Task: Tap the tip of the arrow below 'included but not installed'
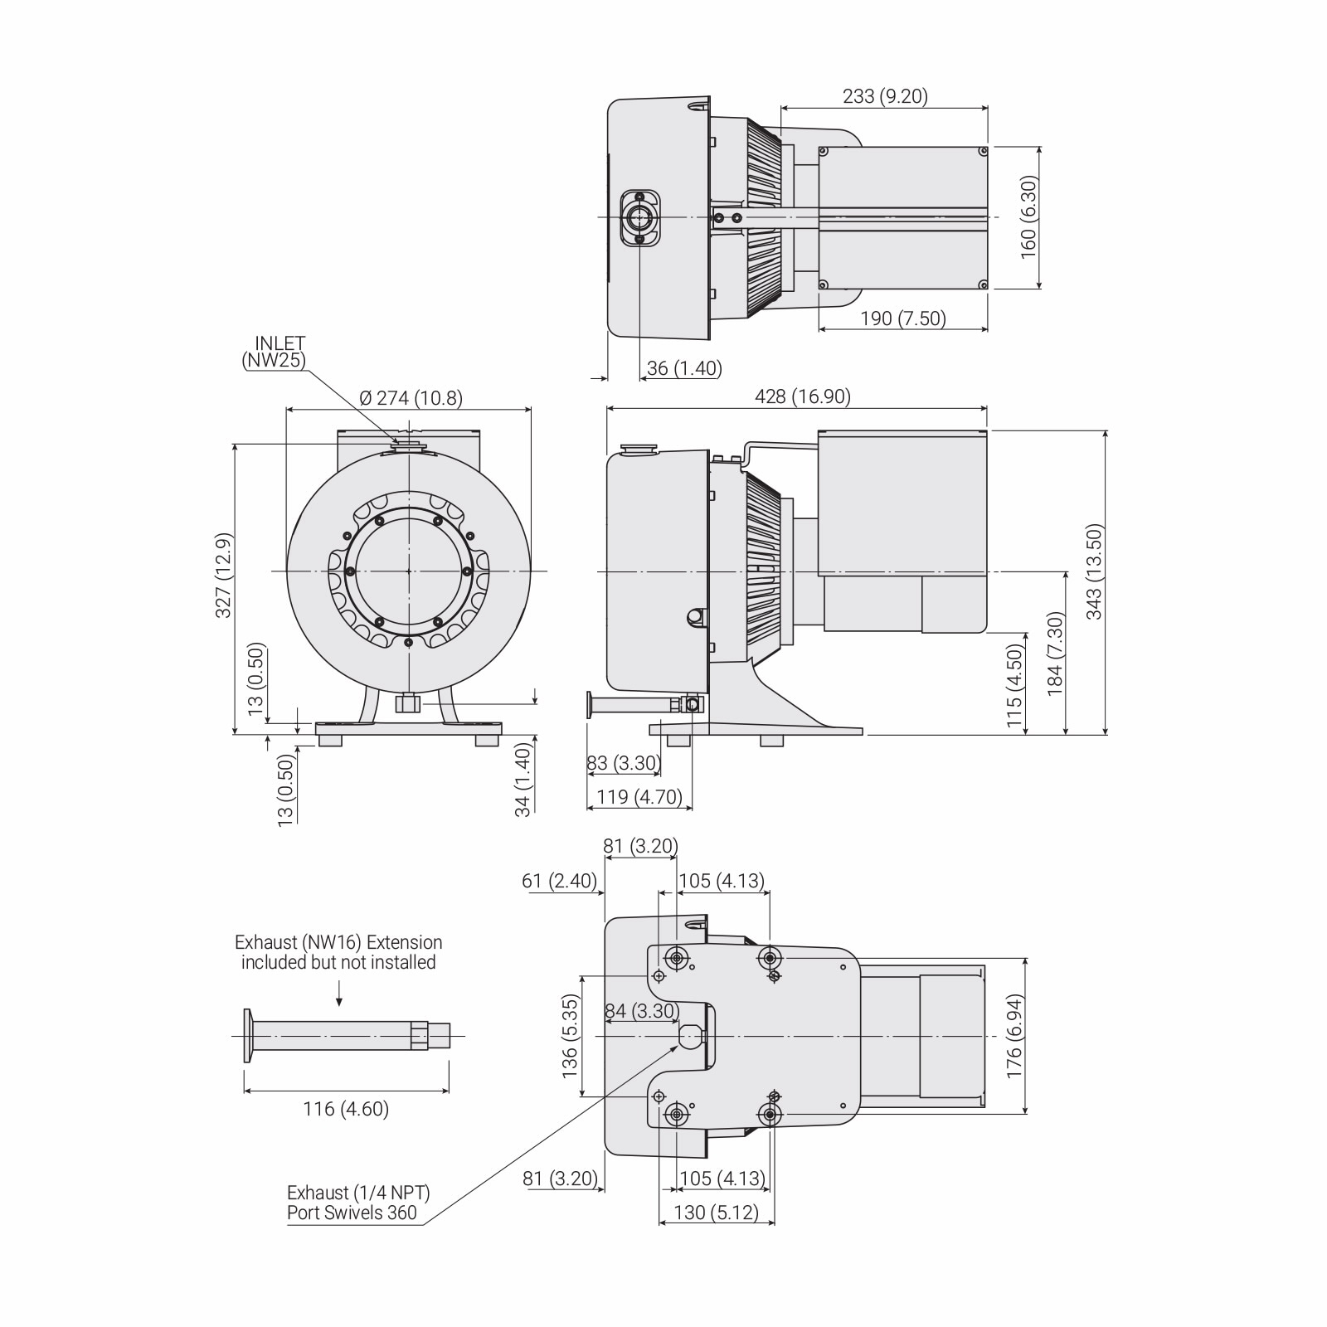pos(340,1008)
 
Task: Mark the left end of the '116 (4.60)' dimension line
pos(244,1091)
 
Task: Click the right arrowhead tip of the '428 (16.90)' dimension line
pos(988,408)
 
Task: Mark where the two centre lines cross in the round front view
pos(409,571)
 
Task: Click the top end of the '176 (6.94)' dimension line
pos(1027,959)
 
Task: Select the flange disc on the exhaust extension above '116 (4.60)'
pos(248,1035)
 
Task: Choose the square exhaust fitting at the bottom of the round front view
pos(407,703)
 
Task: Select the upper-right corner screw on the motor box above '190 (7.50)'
pos(983,151)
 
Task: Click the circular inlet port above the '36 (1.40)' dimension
pos(639,217)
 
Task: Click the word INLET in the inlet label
pos(280,343)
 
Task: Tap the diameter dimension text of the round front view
pos(411,398)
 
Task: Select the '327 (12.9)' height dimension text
pos(223,575)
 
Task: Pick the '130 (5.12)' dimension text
pos(717,1213)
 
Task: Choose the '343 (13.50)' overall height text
pos(1095,572)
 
